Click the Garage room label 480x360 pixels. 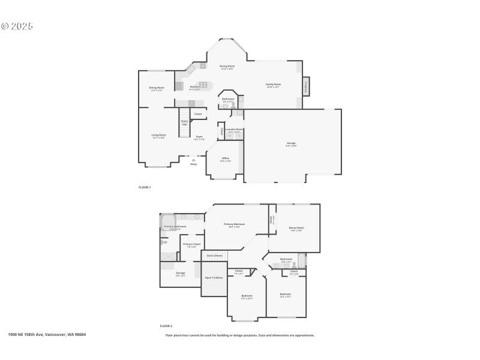click(x=291, y=143)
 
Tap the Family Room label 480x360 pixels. click(x=273, y=85)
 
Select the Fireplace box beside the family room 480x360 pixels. click(x=306, y=86)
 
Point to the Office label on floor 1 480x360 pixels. click(x=225, y=159)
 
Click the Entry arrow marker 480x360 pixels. click(x=193, y=160)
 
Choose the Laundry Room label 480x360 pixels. click(x=234, y=130)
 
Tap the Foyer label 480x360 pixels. click(x=199, y=137)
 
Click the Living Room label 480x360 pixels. click(x=158, y=136)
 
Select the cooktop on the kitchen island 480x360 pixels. click(x=203, y=85)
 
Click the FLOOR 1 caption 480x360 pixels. click(x=145, y=188)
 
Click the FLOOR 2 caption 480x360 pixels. click(x=166, y=326)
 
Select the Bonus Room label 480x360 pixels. click(x=296, y=228)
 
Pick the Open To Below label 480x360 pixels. click(x=214, y=278)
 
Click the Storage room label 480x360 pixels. click(x=180, y=274)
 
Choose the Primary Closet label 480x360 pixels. click(x=191, y=244)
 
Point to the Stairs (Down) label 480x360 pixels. click(x=215, y=256)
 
